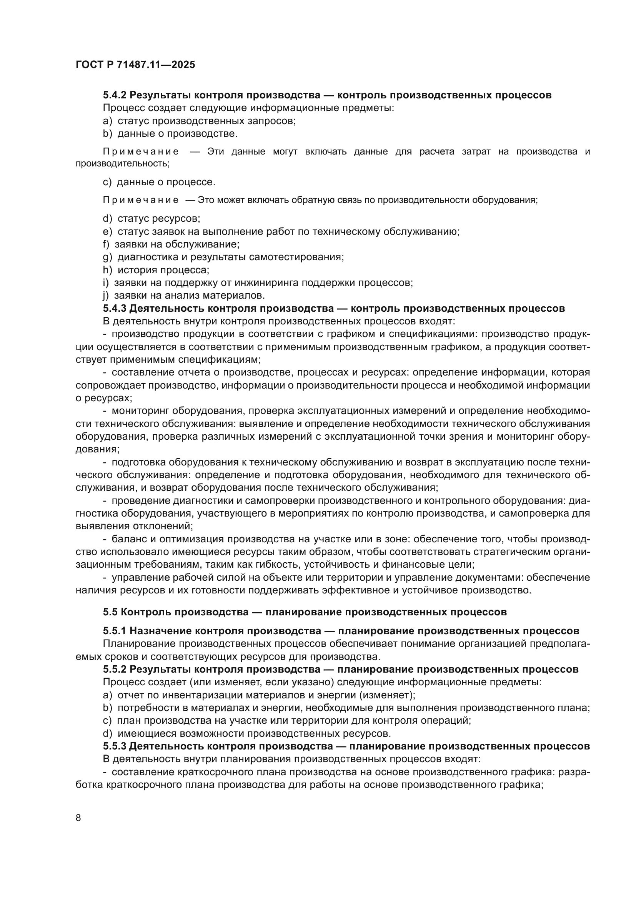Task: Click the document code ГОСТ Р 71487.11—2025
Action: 135,65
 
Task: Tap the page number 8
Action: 78,818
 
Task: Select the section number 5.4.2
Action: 115,95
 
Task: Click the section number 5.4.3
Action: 115,308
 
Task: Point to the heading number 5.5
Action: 110,612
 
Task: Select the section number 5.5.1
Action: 115,631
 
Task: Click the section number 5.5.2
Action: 115,669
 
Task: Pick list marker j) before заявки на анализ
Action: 105,295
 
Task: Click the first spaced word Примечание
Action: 141,152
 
